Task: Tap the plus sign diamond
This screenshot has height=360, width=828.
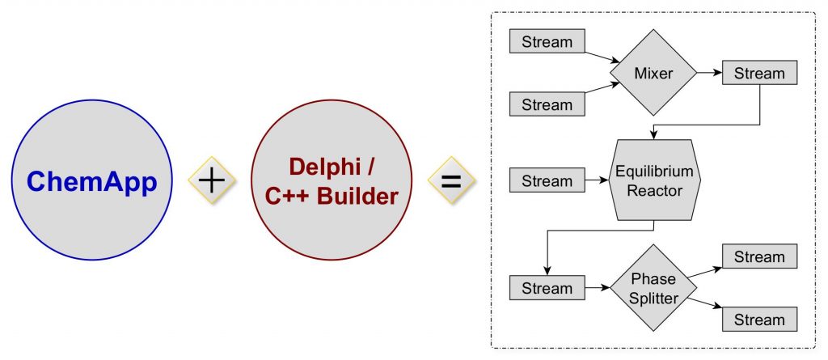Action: pyautogui.click(x=212, y=180)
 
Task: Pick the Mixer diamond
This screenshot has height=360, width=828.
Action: pyautogui.click(x=653, y=74)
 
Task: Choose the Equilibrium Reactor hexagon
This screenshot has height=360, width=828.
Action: pyautogui.click(x=654, y=180)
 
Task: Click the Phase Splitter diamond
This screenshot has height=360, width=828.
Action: pyautogui.click(x=653, y=288)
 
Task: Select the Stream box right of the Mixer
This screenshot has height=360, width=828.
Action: pyautogui.click(x=759, y=74)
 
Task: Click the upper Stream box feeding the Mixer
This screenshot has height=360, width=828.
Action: pyautogui.click(x=547, y=42)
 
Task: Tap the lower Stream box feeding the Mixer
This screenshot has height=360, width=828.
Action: pyautogui.click(x=547, y=104)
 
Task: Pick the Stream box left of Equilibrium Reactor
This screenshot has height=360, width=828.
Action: pyautogui.click(x=547, y=180)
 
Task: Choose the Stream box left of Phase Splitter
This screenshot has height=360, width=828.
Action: pyautogui.click(x=547, y=288)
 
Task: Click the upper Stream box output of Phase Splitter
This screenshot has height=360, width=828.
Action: pyautogui.click(x=759, y=257)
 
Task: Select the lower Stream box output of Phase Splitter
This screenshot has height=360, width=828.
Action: pyautogui.click(x=759, y=319)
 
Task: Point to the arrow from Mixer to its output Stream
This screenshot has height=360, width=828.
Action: pyautogui.click(x=709, y=74)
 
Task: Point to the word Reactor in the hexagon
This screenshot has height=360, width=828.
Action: pyautogui.click(x=654, y=191)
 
